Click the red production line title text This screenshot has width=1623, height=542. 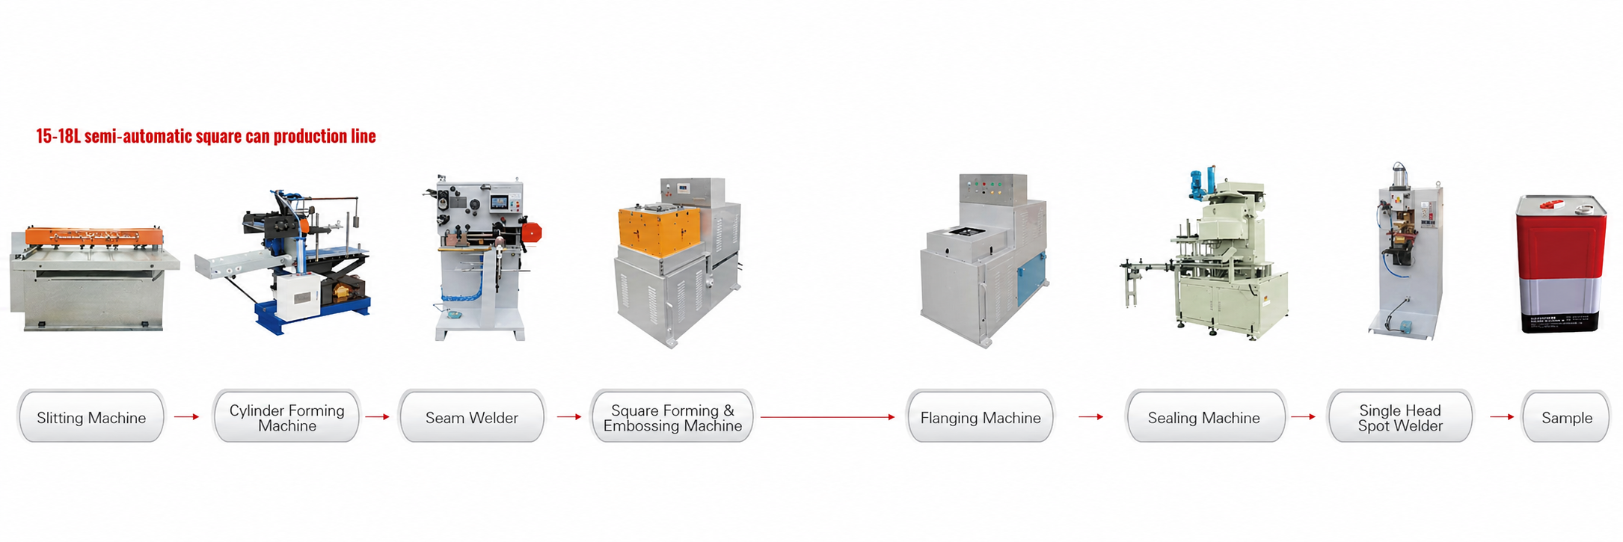pyautogui.click(x=206, y=136)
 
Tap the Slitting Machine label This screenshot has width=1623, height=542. pyautogui.click(x=91, y=417)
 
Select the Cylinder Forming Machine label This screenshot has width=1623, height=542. pyautogui.click(x=287, y=417)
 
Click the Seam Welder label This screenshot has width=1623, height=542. pyautogui.click(x=472, y=417)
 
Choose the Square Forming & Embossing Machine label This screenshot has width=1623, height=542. pyautogui.click(x=672, y=417)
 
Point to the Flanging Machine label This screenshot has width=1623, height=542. pyautogui.click(x=981, y=417)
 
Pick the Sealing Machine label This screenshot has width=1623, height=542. pyautogui.click(x=1204, y=417)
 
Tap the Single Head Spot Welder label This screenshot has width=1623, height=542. pyautogui.click(x=1400, y=417)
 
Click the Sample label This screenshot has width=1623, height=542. pyautogui.click(x=1567, y=417)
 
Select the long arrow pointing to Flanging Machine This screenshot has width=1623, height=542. pyautogui.click(x=828, y=417)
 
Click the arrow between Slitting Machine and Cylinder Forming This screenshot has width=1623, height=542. pyautogui.click(x=187, y=416)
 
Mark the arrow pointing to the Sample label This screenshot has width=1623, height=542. pyautogui.click(x=1502, y=416)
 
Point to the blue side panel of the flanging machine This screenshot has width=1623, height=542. pyautogui.click(x=1031, y=277)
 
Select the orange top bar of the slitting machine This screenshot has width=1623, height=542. pyautogui.click(x=94, y=235)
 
